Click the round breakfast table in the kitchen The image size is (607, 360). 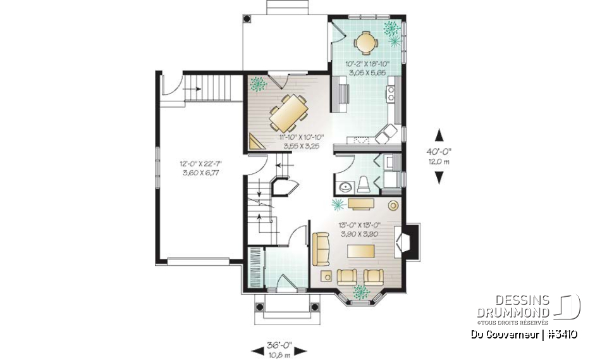pyautogui.click(x=366, y=42)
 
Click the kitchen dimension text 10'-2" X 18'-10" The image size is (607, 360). pyautogui.click(x=367, y=68)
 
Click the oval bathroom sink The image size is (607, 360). pyautogui.click(x=345, y=187)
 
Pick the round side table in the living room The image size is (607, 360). pyautogui.click(x=393, y=205)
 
